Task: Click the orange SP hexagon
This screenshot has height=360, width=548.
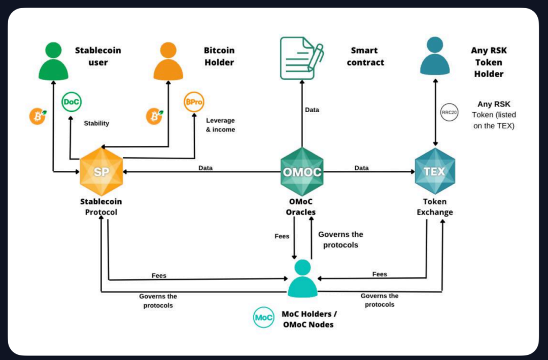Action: pyautogui.click(x=101, y=172)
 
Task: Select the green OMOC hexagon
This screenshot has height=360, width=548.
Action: pyautogui.click(x=302, y=172)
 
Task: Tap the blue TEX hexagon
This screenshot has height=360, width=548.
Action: pyautogui.click(x=435, y=171)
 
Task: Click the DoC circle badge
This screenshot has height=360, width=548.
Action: pyautogui.click(x=72, y=102)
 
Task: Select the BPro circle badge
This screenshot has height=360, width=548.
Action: pyautogui.click(x=193, y=102)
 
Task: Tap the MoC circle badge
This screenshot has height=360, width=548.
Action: pyautogui.click(x=264, y=318)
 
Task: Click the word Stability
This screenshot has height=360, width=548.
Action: pyautogui.click(x=96, y=123)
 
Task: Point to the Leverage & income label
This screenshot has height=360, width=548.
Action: pyautogui.click(x=221, y=125)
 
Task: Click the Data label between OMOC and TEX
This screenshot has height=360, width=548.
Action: pyautogui.click(x=362, y=168)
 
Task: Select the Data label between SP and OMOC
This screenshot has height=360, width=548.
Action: pyautogui.click(x=205, y=168)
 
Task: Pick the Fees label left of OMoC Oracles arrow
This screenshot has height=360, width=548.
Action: pyautogui.click(x=282, y=236)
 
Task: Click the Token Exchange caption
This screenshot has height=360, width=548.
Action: pyautogui.click(x=435, y=207)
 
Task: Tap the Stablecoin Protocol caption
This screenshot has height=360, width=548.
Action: pyautogui.click(x=101, y=207)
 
